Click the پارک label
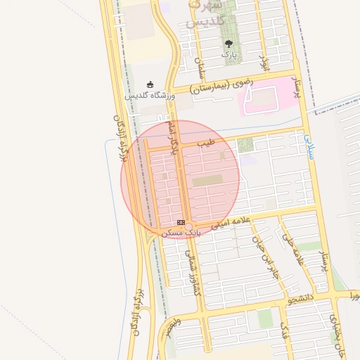(x=229, y=53)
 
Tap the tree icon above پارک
(x=227, y=43)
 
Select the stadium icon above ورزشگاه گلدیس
(x=150, y=84)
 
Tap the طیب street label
(x=205, y=143)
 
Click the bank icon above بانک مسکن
(x=181, y=222)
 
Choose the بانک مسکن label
(x=181, y=232)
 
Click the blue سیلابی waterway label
(x=310, y=146)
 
